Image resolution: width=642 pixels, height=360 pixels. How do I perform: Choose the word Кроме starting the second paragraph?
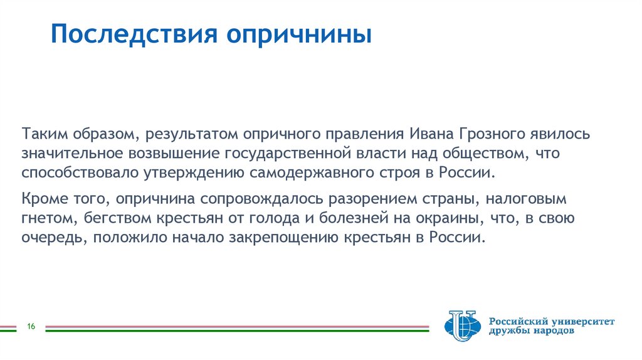pos(40,200)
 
